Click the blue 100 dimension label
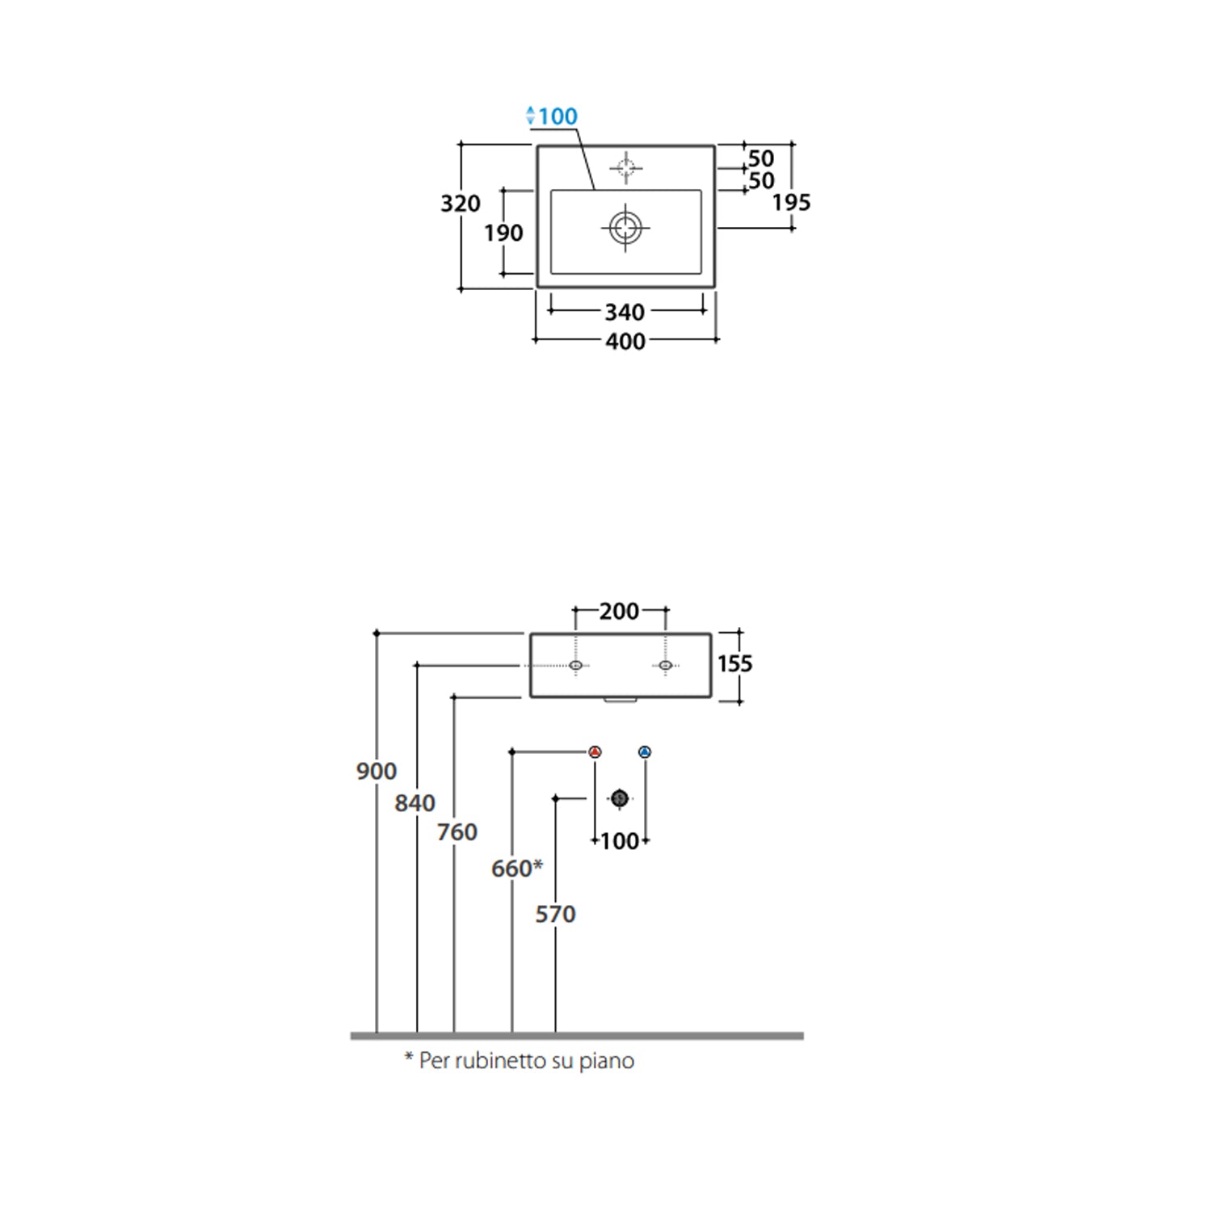[x=557, y=116]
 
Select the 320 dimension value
[x=461, y=204]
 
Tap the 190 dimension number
[x=503, y=234]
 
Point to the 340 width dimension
[x=625, y=312]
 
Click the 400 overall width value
[x=625, y=342]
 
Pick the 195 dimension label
[x=791, y=203]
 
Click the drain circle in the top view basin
[x=625, y=227]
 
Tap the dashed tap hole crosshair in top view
[x=625, y=168]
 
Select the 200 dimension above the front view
[x=620, y=612]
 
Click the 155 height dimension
[x=734, y=664]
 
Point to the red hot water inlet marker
[x=595, y=752]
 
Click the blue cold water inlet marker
[x=644, y=752]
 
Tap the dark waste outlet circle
[x=620, y=798]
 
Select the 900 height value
[x=377, y=772]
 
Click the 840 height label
[x=415, y=803]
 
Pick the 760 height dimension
[x=457, y=832]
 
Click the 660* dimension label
[x=517, y=869]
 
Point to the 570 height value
[x=556, y=915]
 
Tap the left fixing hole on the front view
[x=575, y=665]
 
